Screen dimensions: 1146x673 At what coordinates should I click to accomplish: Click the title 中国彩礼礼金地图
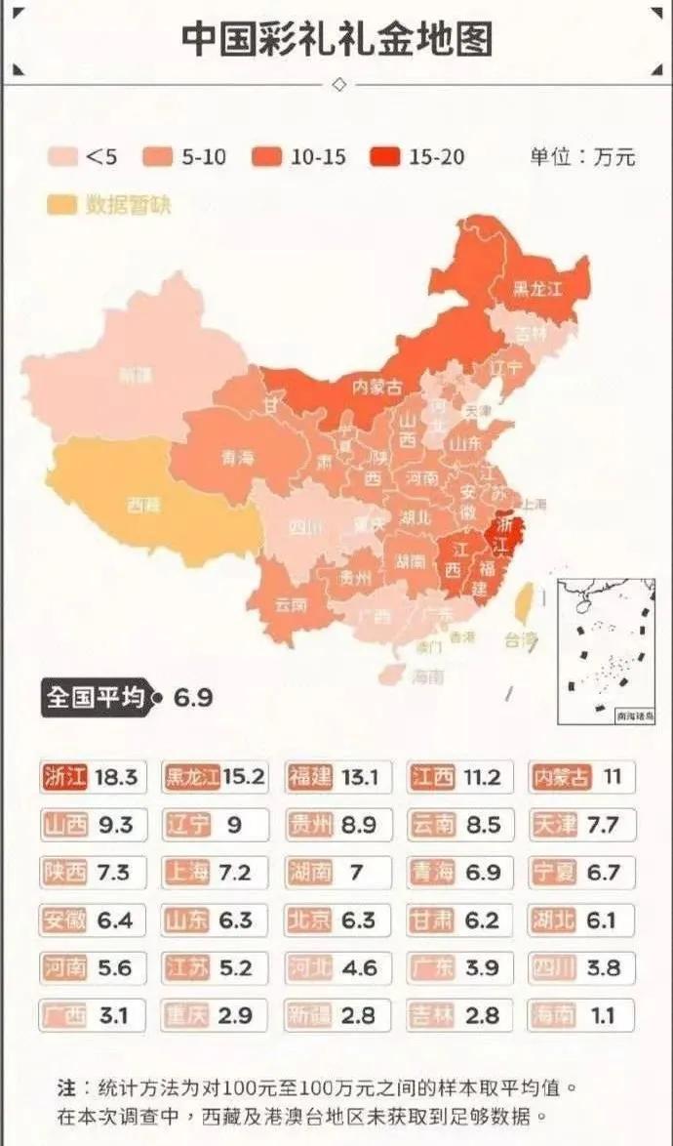pos(336,38)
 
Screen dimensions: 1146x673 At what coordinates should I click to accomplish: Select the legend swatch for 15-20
pos(386,156)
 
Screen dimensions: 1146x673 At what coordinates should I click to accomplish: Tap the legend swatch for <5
pos(63,156)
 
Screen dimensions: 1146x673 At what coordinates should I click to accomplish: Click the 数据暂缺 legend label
pos(129,205)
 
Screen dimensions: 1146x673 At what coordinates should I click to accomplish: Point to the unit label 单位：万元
pos(582,156)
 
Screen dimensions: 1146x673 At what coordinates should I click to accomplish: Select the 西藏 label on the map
pos(143,505)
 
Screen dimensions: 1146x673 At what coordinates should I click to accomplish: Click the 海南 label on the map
pos(427,675)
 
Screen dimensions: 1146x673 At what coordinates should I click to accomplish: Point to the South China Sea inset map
pos(606,651)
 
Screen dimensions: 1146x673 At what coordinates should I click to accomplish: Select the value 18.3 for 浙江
pos(116,778)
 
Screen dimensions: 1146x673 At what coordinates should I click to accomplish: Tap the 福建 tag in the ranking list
pos(310,778)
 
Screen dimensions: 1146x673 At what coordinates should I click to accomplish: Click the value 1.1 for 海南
pos(603,1016)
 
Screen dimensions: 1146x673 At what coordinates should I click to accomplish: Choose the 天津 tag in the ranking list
pos(555,825)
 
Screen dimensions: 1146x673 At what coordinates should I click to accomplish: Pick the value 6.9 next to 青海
pos(482,873)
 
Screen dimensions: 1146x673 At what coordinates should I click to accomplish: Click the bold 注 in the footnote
pos(65,1086)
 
